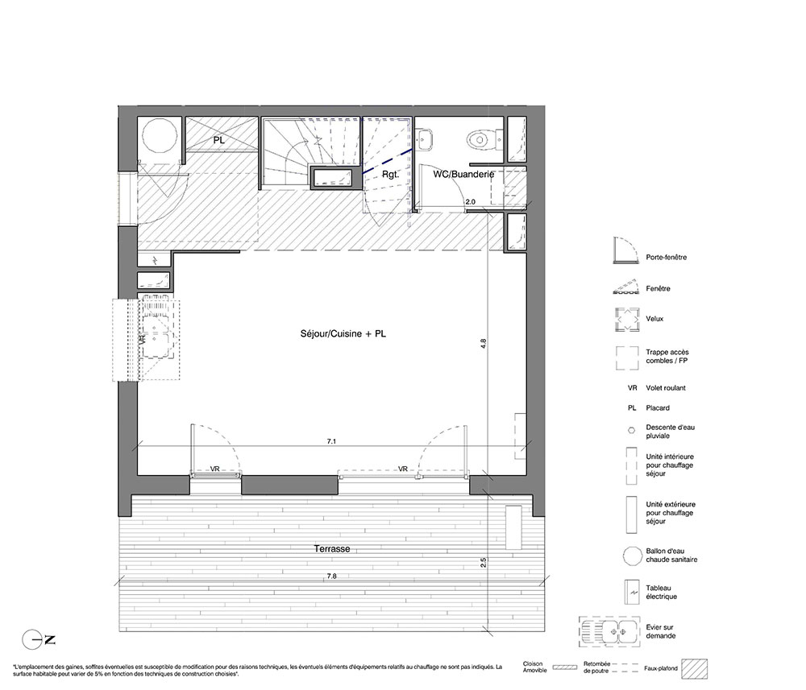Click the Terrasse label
[332, 549]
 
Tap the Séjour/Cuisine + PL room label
[343, 333]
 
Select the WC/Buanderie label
[463, 174]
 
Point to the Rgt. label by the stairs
[390, 175]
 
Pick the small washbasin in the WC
[424, 139]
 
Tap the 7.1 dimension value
[331, 441]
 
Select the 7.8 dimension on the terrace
[331, 576]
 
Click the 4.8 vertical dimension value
[483, 344]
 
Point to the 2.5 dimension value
[483, 562]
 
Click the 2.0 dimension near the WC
[471, 202]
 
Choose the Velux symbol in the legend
[628, 320]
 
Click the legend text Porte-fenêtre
[667, 257]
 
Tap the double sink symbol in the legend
[609, 631]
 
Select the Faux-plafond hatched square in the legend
[695, 669]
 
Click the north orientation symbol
[39, 640]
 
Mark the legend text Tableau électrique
[661, 593]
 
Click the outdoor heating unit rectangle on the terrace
[513, 527]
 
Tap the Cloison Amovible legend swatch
[564, 667]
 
